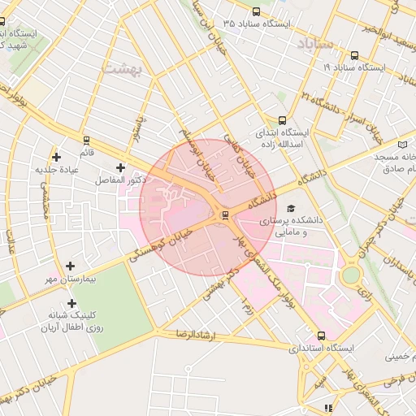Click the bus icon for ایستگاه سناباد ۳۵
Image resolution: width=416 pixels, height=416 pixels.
257,11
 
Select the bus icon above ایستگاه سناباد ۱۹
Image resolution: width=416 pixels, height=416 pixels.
354,56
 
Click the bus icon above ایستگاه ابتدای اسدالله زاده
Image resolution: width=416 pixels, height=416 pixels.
282,119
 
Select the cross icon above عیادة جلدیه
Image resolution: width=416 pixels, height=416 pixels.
56,157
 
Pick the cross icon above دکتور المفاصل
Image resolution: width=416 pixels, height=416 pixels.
120,167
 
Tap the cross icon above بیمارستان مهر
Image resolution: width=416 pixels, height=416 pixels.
71,266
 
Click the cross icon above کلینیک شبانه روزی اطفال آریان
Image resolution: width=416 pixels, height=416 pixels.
71,303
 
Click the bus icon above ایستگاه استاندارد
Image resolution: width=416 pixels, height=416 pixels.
322,335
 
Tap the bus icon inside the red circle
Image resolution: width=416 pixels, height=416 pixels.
225,215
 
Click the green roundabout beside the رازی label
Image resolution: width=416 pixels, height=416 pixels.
350,275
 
